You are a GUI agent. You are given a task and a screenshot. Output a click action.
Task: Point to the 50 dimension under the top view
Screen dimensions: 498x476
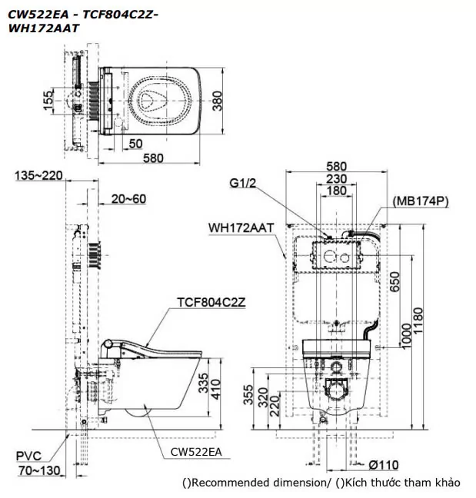(135, 142)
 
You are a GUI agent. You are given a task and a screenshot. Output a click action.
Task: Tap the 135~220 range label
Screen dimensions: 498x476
(39, 176)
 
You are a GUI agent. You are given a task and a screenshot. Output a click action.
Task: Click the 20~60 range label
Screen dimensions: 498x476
(128, 198)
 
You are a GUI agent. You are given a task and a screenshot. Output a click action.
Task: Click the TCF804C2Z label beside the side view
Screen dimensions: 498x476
(211, 302)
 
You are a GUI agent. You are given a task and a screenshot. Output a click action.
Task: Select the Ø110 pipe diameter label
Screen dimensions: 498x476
(382, 464)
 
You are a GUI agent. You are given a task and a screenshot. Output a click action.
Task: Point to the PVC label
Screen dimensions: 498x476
(28, 456)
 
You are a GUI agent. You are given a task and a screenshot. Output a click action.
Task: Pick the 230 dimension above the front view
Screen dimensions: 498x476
(337, 178)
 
